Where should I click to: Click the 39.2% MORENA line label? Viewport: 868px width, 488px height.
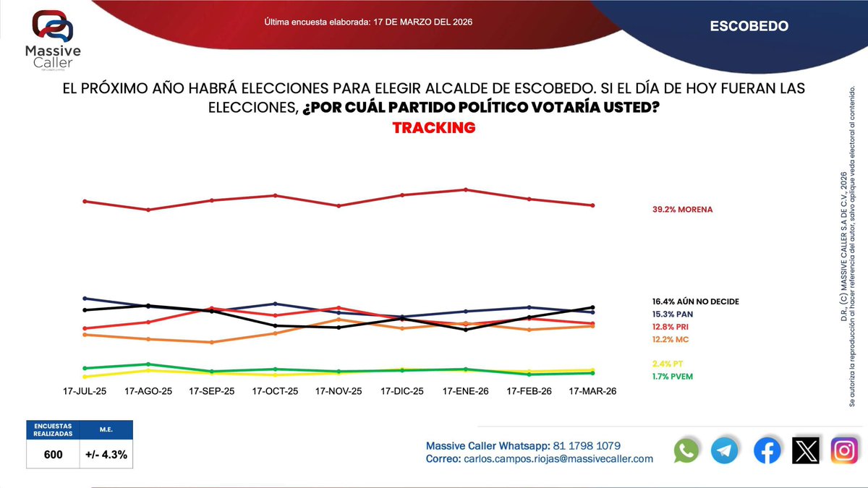click(x=682, y=210)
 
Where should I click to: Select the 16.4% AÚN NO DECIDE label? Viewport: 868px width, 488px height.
click(x=694, y=301)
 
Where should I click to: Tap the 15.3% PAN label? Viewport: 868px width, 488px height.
click(x=672, y=314)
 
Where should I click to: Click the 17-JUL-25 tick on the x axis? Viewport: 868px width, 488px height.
click(x=85, y=391)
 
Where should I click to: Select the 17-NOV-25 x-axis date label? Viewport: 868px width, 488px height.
click(x=339, y=391)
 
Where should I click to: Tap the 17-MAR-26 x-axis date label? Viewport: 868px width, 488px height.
click(x=593, y=391)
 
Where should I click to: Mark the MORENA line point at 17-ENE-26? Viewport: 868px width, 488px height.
click(x=466, y=189)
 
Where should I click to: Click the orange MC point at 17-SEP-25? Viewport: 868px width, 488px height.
click(x=212, y=343)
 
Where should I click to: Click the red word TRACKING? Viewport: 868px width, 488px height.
click(x=433, y=128)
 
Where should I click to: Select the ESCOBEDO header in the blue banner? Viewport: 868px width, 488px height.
click(x=749, y=26)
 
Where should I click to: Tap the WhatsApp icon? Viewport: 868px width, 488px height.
click(x=686, y=451)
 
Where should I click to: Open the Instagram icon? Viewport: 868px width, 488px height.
click(x=843, y=451)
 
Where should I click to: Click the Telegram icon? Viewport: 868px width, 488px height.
click(x=725, y=451)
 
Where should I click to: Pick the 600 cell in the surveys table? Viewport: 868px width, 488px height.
click(x=52, y=455)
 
